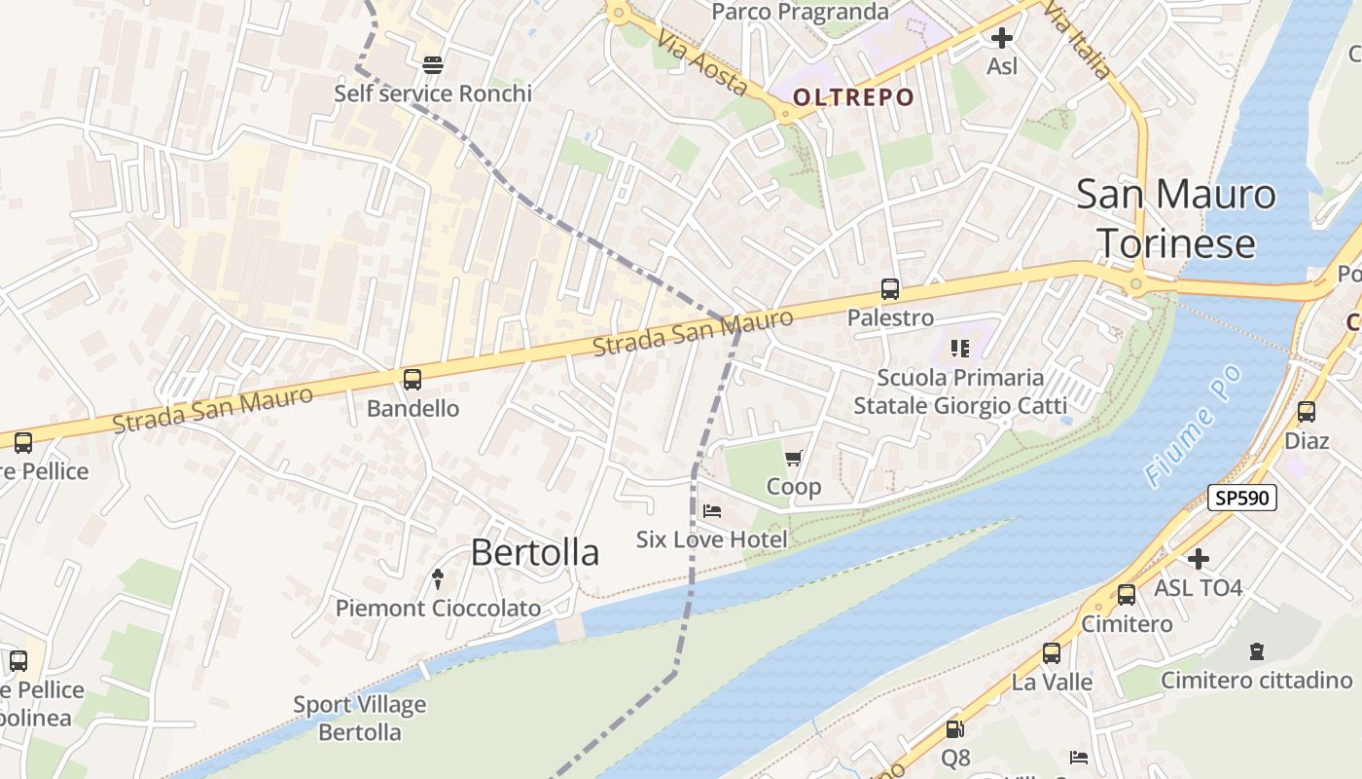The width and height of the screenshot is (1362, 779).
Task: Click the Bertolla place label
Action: coord(534,552)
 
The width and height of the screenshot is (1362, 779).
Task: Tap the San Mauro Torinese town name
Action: coord(1175,218)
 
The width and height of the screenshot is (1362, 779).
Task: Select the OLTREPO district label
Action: coord(853,97)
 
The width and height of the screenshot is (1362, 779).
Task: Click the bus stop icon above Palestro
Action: coord(890,288)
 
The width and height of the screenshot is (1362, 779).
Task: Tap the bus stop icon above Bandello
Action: coord(412,379)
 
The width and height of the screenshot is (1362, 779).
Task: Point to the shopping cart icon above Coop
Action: coord(794,458)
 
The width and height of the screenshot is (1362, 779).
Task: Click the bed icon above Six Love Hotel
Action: coord(712,510)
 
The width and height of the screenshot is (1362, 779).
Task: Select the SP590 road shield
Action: coord(1241,498)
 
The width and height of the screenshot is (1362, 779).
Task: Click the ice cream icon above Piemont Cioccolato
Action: coord(438,579)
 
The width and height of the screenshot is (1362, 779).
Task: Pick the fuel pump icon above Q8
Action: coord(955,728)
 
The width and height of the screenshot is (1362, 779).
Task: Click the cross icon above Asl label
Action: coord(1002,38)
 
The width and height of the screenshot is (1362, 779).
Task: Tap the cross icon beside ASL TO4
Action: coord(1199,559)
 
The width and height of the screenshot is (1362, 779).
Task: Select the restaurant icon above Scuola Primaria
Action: coord(960,349)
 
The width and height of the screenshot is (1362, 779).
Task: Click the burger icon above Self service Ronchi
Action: coord(433,64)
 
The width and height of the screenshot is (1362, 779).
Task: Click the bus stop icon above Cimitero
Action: coord(1127,594)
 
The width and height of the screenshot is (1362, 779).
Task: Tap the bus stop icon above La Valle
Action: coord(1052,653)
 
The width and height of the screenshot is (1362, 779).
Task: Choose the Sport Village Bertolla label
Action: coord(360,718)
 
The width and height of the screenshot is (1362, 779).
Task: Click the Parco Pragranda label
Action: coord(800,12)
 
